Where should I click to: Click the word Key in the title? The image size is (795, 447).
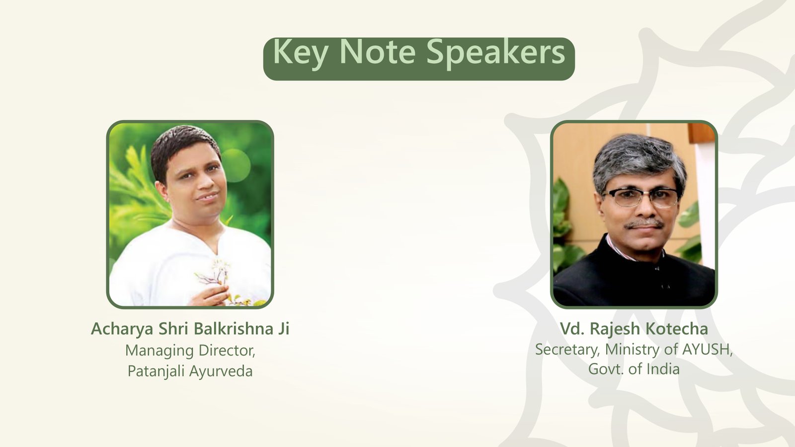[x=300, y=53]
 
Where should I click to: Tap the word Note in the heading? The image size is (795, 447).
[x=378, y=52]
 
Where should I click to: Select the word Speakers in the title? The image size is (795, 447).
[x=495, y=53]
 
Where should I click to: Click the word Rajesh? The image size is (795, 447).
[x=615, y=329]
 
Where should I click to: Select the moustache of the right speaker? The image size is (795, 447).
[x=644, y=224]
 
